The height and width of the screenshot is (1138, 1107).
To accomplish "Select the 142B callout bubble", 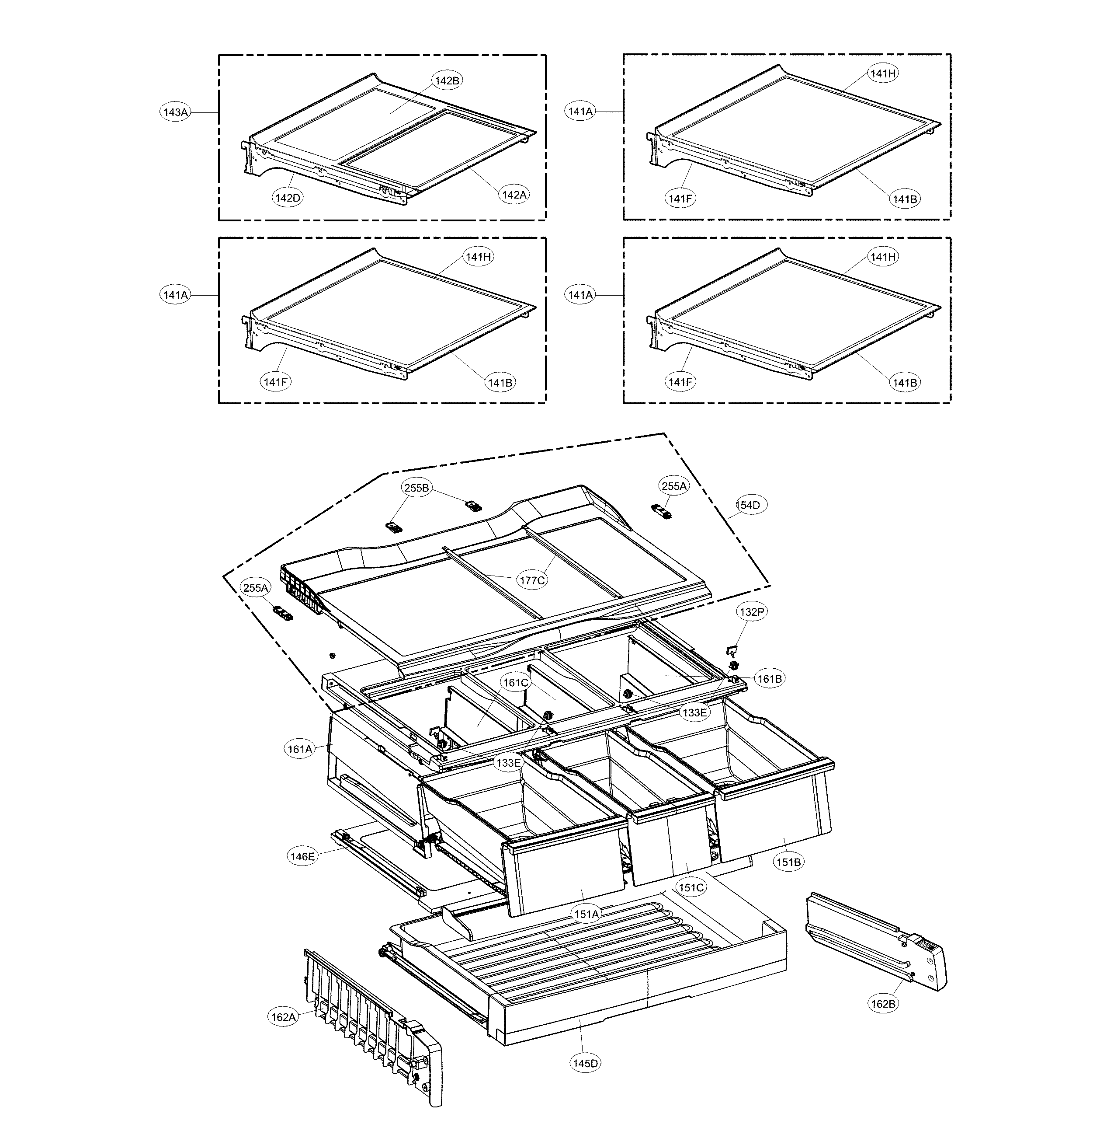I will click(x=447, y=81).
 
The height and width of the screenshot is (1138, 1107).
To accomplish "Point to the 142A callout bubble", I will click(x=514, y=195).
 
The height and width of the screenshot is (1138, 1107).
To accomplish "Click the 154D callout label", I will click(x=748, y=505).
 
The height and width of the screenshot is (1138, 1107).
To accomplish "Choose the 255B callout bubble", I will click(x=417, y=488).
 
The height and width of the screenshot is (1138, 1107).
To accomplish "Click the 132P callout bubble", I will click(x=752, y=612).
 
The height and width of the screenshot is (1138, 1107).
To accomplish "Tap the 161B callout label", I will click(x=770, y=678).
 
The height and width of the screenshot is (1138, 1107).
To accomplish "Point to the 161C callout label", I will click(x=516, y=682).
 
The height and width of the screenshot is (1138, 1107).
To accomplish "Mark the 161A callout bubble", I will click(x=300, y=749).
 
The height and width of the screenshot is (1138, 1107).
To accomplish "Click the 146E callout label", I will click(x=302, y=856).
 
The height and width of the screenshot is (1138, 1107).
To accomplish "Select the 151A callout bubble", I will click(x=586, y=914).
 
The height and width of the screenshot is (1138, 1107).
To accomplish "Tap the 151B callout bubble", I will click(x=789, y=862).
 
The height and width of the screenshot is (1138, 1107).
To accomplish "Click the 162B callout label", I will click(x=883, y=1004).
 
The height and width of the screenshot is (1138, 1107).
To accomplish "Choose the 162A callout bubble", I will click(x=283, y=1017).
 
